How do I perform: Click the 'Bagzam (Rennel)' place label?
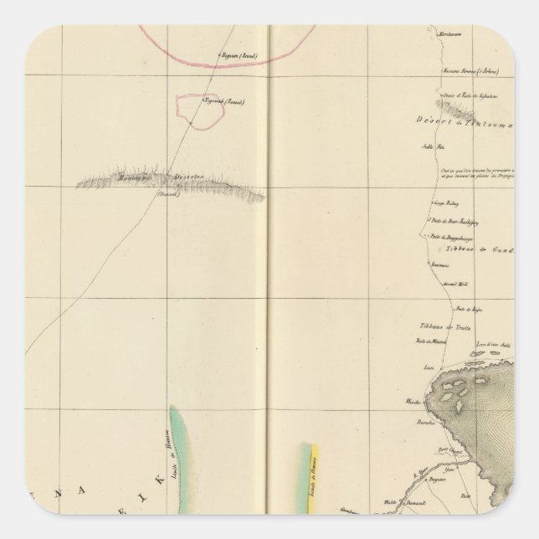[238, 56]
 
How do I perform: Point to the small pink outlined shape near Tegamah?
[198, 110]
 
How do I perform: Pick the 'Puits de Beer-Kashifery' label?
[452, 222]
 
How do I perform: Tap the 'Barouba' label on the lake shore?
[415, 425]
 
